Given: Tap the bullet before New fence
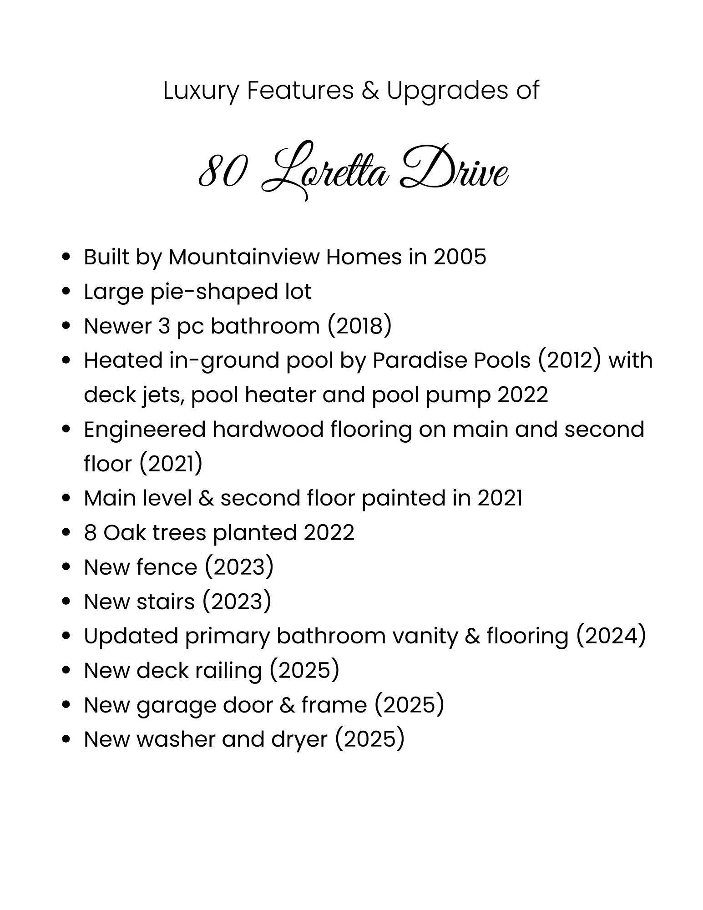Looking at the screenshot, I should click(67, 567).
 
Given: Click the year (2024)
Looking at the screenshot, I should click(611, 636).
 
